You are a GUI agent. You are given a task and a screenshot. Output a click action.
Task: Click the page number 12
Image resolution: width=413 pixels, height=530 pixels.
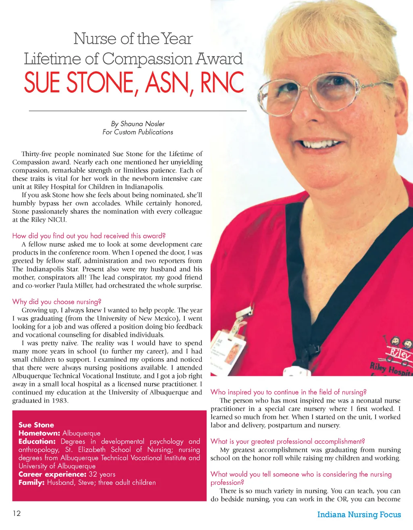pyautogui.click(x=17, y=513)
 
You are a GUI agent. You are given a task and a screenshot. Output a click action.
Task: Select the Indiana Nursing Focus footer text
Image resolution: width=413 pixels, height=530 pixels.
pyautogui.click(x=359, y=514)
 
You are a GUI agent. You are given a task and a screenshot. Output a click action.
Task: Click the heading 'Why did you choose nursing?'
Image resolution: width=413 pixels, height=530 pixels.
pyautogui.click(x=56, y=302)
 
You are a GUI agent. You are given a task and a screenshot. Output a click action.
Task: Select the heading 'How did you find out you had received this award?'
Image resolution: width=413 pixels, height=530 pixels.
pyautogui.click(x=89, y=236)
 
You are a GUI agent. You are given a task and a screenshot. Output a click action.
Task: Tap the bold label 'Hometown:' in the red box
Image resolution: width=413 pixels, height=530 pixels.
pyautogui.click(x=39, y=433)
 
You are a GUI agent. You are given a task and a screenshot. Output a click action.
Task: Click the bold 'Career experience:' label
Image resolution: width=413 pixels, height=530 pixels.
pyautogui.click(x=52, y=474)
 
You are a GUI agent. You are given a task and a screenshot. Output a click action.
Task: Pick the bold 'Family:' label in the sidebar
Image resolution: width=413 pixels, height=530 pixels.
pyautogui.click(x=31, y=482)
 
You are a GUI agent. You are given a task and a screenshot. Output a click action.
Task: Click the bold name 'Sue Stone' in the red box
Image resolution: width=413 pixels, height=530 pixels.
pyautogui.click(x=36, y=425)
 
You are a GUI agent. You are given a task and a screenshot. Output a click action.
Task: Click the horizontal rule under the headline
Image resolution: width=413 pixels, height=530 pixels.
pyautogui.click(x=138, y=111)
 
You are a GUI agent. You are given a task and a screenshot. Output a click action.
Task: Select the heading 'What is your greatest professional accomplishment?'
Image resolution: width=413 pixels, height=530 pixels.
pyautogui.click(x=288, y=441)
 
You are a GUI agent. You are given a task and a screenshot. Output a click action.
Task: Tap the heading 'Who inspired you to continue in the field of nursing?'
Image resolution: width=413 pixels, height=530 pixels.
pyautogui.click(x=288, y=392)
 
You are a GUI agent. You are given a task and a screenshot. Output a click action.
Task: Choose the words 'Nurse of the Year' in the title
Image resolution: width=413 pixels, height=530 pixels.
pyautogui.click(x=133, y=39)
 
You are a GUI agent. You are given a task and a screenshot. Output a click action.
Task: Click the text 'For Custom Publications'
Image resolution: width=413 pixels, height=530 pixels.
pyautogui.click(x=138, y=132)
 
